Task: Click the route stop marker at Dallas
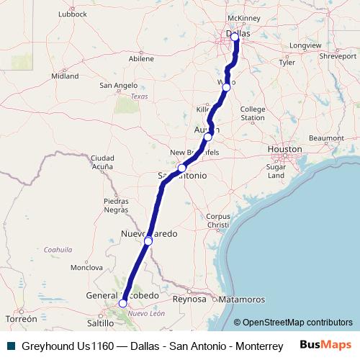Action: click(x=235, y=35)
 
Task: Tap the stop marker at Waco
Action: click(x=226, y=87)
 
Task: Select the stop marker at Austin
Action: click(x=208, y=136)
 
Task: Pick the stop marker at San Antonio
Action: click(x=182, y=168)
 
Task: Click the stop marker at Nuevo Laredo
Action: click(x=148, y=240)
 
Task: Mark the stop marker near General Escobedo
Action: click(x=122, y=303)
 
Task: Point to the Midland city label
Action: click(x=65, y=76)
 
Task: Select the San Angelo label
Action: click(x=118, y=85)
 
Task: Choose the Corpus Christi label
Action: click(x=217, y=220)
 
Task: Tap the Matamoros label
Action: click(x=243, y=298)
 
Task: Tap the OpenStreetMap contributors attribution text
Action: click(x=293, y=323)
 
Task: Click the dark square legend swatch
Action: click(x=10, y=345)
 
